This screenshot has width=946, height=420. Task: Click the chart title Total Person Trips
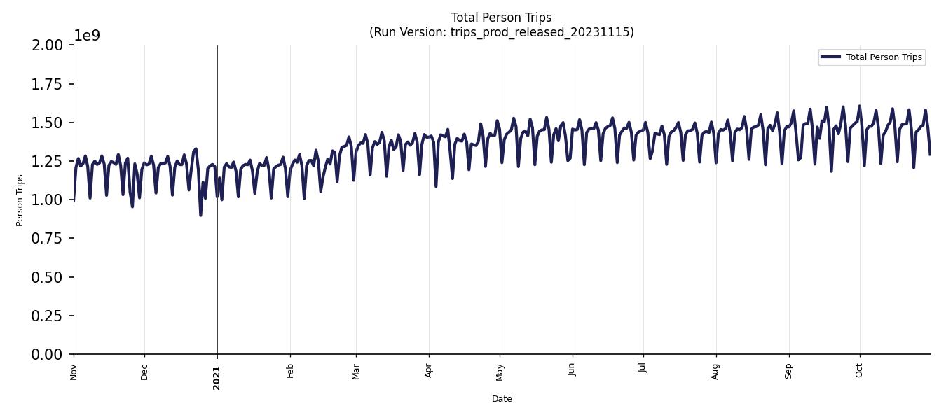[501, 17]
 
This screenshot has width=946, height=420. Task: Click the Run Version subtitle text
[501, 32]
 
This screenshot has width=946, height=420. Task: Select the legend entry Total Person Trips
[883, 57]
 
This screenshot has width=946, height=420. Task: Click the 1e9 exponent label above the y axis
[87, 36]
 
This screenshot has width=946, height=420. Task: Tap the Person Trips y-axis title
[20, 200]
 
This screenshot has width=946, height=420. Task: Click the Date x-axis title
[502, 399]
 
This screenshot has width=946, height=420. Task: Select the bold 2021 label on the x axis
[217, 378]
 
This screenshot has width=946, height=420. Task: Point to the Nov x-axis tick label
[74, 372]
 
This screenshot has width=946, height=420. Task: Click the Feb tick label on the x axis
[290, 371]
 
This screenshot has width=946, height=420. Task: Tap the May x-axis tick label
[500, 372]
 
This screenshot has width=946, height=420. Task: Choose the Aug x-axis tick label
[715, 372]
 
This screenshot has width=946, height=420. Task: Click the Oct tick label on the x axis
[859, 371]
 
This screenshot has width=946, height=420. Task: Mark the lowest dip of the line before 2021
[200, 215]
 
